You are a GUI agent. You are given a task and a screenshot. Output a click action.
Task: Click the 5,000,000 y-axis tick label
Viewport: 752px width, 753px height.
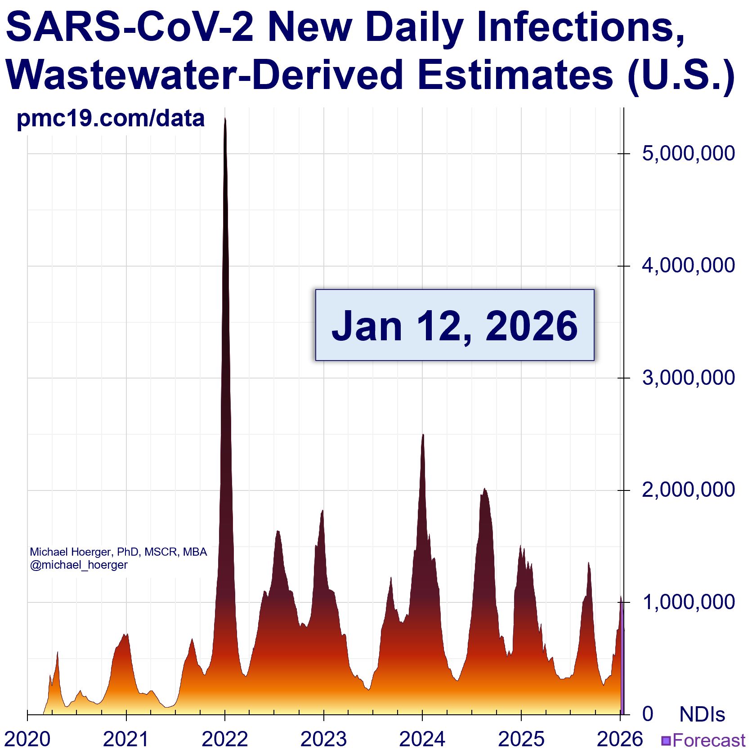click(x=688, y=154)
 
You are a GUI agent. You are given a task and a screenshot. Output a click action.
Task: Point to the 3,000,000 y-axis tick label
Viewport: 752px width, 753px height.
click(x=688, y=378)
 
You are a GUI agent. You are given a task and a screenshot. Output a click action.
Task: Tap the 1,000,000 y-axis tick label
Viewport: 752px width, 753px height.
click(x=688, y=602)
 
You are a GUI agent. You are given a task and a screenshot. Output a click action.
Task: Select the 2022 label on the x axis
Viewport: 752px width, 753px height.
click(x=225, y=739)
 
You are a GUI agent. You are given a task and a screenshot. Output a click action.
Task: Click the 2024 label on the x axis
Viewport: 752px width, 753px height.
click(x=422, y=739)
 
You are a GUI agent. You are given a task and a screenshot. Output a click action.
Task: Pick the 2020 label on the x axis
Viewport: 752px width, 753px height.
click(x=27, y=739)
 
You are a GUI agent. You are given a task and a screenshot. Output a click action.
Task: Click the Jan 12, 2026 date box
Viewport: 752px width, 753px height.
click(x=454, y=325)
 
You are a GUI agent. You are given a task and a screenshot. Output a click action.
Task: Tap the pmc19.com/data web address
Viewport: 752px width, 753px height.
click(x=111, y=118)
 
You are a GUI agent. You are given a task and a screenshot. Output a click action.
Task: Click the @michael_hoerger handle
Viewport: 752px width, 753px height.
click(x=79, y=565)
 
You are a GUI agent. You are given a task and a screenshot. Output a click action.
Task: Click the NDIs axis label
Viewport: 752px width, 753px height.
click(x=702, y=714)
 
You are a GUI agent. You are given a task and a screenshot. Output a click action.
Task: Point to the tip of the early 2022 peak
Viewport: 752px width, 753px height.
click(x=225, y=120)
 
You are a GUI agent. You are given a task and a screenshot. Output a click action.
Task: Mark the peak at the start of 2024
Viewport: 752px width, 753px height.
click(x=423, y=436)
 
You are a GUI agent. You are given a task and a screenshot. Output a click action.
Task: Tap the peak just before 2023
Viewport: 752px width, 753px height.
click(x=322, y=512)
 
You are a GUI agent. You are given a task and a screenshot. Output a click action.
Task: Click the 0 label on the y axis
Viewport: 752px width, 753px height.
click(x=648, y=714)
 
